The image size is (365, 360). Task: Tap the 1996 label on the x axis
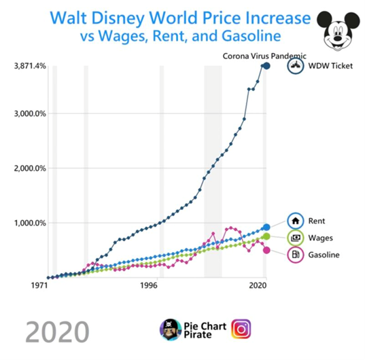click(152, 286)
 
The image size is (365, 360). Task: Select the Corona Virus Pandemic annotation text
click(264, 56)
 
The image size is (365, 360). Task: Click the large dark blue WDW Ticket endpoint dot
click(266, 66)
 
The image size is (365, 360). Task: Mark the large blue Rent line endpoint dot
click(266, 227)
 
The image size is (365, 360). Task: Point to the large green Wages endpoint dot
click(266, 236)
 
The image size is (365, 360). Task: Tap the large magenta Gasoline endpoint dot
click(266, 250)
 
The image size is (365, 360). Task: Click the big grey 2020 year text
click(57, 332)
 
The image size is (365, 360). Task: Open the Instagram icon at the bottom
click(241, 329)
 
